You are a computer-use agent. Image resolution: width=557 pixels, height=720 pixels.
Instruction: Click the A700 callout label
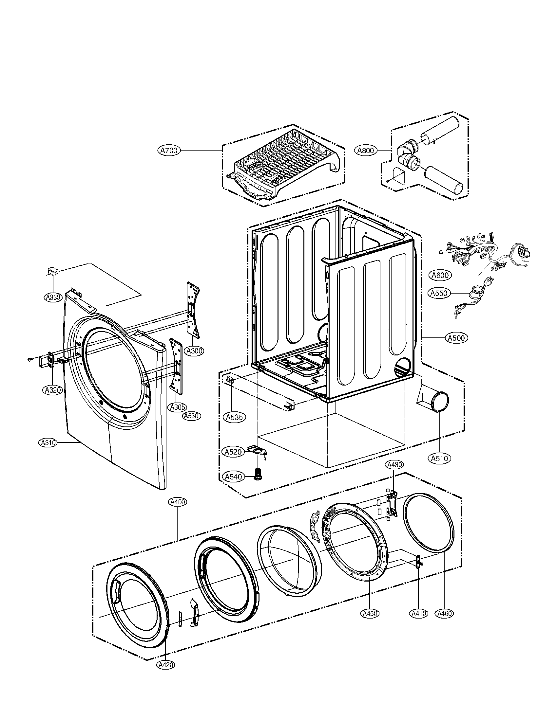pos(169,151)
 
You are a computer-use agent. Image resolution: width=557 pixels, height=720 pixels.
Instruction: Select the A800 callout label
pos(366,151)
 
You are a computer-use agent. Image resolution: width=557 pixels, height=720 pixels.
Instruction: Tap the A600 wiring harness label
pos(440,275)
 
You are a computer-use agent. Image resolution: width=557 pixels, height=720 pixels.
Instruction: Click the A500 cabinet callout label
pos(457,338)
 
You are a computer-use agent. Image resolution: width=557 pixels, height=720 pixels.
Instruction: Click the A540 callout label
pos(234,477)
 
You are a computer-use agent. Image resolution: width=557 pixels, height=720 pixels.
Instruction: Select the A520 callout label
pos(234,452)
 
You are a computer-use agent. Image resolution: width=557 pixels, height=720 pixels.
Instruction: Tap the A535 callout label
pos(235,417)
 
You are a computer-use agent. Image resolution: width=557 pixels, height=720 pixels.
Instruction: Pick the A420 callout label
pos(166,665)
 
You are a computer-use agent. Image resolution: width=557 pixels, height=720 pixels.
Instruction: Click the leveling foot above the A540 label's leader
pos(258,474)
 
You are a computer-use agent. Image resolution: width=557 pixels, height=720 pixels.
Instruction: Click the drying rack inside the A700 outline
pos(284,162)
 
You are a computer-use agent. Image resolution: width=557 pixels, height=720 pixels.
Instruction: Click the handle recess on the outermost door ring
pos(116,592)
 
